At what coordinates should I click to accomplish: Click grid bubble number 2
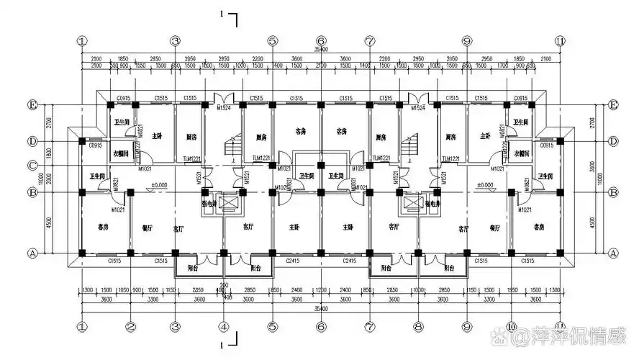tap(130, 326)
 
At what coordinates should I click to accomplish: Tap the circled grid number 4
tap(224, 326)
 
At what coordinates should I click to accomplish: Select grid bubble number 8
tap(417, 326)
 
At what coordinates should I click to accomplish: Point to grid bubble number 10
tap(511, 326)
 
